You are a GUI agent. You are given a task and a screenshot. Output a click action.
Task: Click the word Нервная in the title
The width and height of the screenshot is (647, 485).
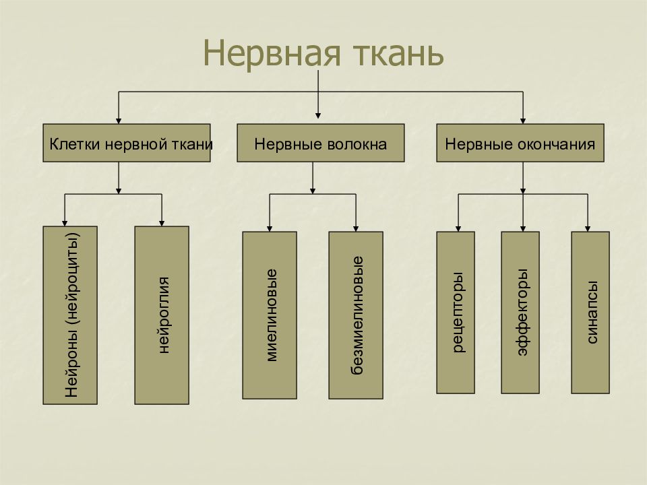[x=272, y=53]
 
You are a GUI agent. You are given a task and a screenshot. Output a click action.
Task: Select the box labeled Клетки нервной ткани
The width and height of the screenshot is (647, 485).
[x=127, y=143]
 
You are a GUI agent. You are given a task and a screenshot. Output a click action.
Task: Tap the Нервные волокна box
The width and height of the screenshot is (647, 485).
[x=321, y=143]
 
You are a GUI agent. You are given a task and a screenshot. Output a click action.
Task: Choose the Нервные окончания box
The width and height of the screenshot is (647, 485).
[x=520, y=143]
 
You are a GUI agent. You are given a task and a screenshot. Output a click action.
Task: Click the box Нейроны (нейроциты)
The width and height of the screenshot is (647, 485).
[x=70, y=315]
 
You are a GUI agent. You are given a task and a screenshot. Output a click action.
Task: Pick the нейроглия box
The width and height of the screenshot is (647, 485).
[x=162, y=315]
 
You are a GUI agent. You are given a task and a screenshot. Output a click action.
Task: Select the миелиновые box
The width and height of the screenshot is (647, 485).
[x=270, y=315]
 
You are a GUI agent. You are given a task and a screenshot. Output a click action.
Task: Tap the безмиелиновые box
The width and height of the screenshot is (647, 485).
[x=356, y=315]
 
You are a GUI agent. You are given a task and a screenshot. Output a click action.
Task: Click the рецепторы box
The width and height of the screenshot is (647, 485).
[x=456, y=312]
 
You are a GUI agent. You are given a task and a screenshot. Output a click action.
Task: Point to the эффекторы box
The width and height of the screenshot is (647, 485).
[x=520, y=312]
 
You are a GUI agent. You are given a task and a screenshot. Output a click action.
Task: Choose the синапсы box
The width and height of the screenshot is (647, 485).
[x=590, y=312]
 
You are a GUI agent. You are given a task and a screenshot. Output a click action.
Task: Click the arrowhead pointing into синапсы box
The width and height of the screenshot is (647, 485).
[x=588, y=229]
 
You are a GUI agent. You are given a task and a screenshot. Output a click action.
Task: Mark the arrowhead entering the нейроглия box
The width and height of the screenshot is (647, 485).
[x=162, y=224]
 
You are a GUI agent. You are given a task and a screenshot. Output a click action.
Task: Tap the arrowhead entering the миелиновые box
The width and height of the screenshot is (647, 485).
[x=270, y=229]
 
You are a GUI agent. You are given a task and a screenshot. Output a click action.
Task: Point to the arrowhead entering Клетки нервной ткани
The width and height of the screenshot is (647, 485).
[x=119, y=121]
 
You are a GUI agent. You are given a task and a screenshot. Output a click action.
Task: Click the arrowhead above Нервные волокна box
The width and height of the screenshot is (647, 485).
[x=317, y=116]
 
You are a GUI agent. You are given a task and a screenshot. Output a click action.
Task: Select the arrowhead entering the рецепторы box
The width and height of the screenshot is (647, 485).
[x=458, y=229]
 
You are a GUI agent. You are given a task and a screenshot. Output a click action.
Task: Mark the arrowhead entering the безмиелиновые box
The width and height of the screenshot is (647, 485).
[x=356, y=229]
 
